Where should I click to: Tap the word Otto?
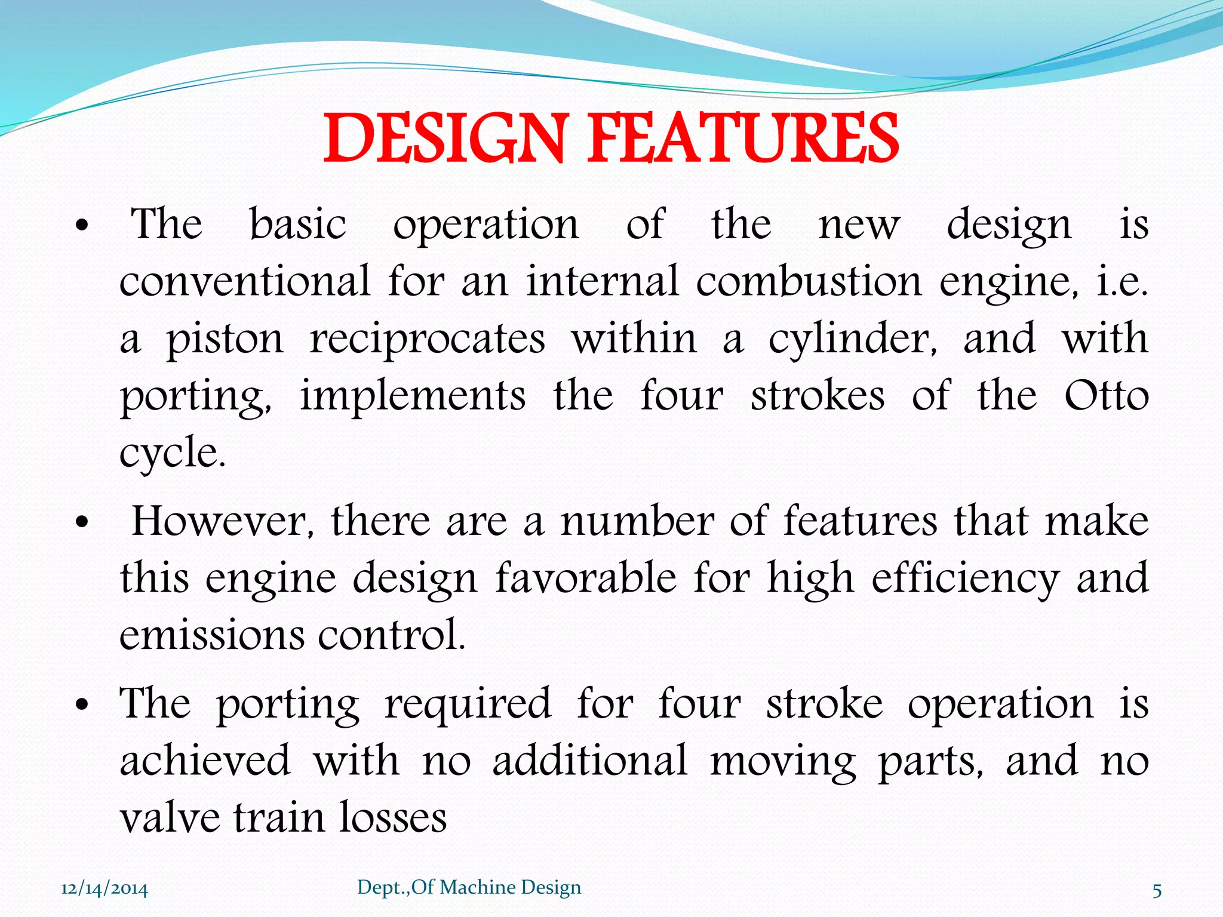click(1107, 396)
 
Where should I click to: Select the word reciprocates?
click(428, 339)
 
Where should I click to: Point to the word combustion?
click(809, 282)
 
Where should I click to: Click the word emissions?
click(212, 634)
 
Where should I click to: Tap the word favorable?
click(586, 578)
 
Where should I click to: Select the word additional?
click(590, 761)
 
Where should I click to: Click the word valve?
click(169, 818)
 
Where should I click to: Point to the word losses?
click(393, 818)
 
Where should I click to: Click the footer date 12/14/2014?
click(105, 889)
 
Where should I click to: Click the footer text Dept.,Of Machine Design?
click(469, 887)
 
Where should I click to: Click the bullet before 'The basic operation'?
click(82, 226)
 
